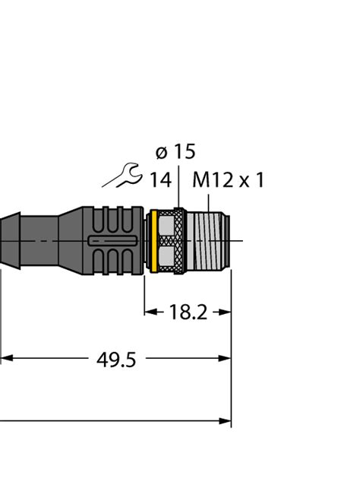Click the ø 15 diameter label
(175, 151)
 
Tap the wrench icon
(122, 178)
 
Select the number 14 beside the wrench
(159, 180)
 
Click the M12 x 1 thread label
(228, 180)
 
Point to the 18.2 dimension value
(187, 312)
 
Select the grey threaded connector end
(207, 240)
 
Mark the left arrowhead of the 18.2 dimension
(149, 312)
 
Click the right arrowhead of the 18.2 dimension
(226, 312)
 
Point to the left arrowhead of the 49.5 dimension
(5, 358)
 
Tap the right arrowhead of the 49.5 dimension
(226, 358)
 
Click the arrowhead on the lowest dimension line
(226, 420)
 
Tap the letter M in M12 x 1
(201, 180)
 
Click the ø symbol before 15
(162, 152)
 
